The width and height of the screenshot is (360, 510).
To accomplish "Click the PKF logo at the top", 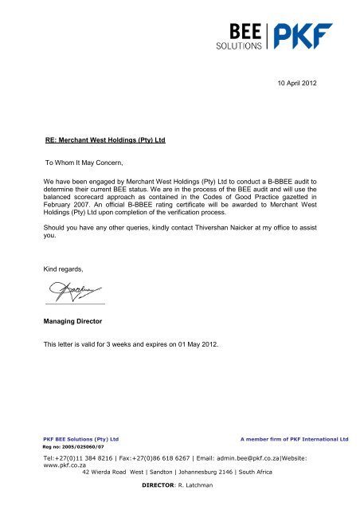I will [304, 37].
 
